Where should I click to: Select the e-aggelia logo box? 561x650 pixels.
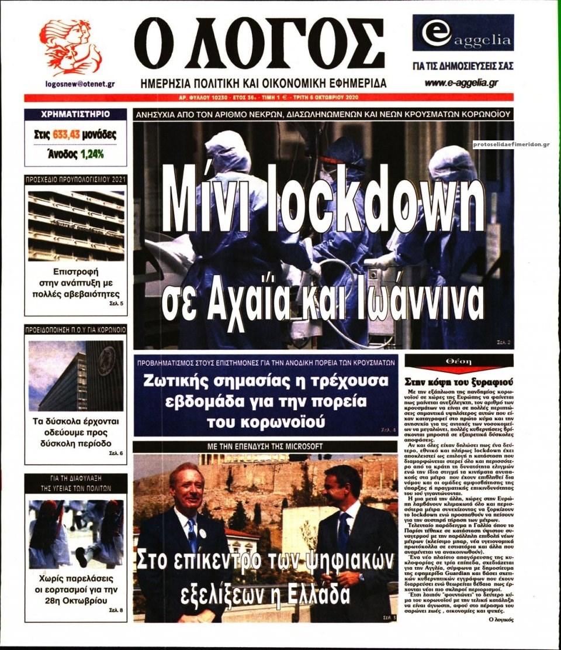pyautogui.click(x=463, y=33)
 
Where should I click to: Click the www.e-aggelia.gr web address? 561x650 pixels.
pyautogui.click(x=461, y=83)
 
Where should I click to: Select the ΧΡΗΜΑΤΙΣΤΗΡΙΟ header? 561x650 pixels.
pyautogui.click(x=75, y=115)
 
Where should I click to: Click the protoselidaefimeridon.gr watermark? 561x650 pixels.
pyautogui.click(x=510, y=144)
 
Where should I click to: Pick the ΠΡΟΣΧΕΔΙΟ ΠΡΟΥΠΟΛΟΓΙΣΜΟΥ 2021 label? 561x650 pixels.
pyautogui.click(x=76, y=179)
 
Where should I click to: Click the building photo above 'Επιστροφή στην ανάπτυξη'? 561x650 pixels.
pyautogui.click(x=76, y=225)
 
